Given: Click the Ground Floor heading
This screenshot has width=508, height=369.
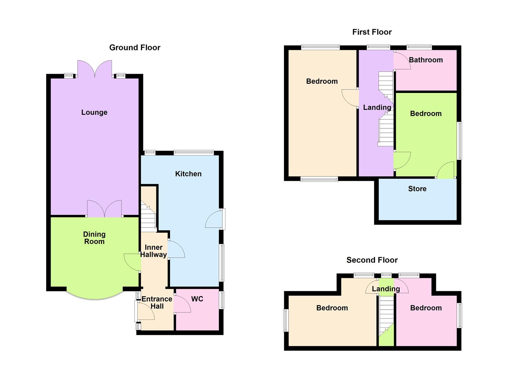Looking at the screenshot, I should click(x=134, y=47).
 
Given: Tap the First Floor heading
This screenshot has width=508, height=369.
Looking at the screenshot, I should click(x=372, y=32).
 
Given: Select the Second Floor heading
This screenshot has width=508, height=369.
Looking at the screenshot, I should click(x=372, y=260).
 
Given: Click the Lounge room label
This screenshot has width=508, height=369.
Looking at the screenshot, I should click(x=94, y=112).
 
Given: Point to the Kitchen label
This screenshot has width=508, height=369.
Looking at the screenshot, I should click(x=188, y=174).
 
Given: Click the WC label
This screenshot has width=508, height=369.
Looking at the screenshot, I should click(x=197, y=299).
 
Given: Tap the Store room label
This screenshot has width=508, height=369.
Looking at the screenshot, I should click(x=417, y=189).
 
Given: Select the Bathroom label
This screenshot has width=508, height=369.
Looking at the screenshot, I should click(x=426, y=60).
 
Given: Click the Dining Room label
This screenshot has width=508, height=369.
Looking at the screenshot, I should click(x=94, y=238).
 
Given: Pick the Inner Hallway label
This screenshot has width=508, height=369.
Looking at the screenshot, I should click(x=153, y=251).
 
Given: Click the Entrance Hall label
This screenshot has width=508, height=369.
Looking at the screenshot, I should click(x=157, y=302).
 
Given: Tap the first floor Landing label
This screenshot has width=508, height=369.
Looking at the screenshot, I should click(x=377, y=107).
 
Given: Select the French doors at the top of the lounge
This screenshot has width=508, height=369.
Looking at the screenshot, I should click(x=95, y=69).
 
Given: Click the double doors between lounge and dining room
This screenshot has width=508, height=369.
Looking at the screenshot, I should click(x=104, y=209).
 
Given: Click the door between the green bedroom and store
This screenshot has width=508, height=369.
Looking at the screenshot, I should click(x=446, y=170).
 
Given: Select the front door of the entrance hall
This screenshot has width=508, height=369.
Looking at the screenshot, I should click(x=144, y=311).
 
